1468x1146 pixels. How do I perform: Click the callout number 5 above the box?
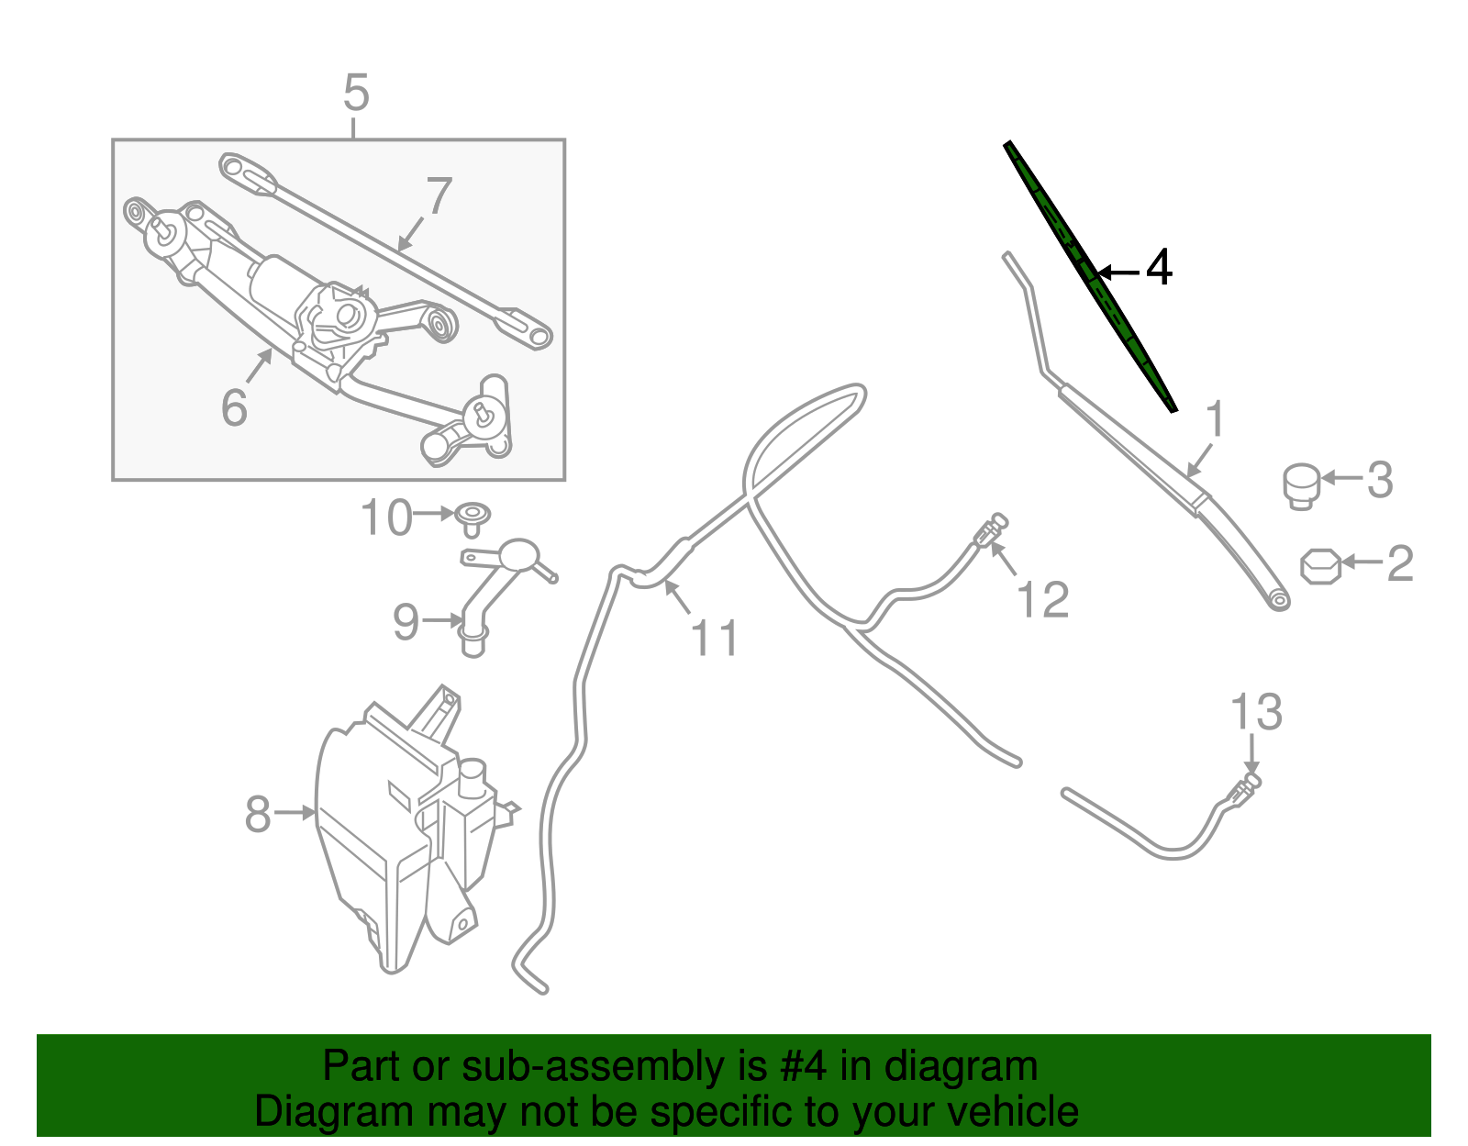click(x=356, y=94)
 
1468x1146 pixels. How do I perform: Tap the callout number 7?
click(x=439, y=195)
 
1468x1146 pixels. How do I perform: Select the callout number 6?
click(x=234, y=406)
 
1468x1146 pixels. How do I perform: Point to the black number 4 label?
click(x=1160, y=268)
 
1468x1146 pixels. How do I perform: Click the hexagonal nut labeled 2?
click(x=1321, y=565)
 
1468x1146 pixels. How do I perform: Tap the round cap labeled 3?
click(x=1300, y=484)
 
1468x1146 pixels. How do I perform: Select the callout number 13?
click(x=1255, y=712)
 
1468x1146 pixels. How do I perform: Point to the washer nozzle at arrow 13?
click(x=1245, y=787)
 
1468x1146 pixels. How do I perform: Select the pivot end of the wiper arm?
click(x=1276, y=600)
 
